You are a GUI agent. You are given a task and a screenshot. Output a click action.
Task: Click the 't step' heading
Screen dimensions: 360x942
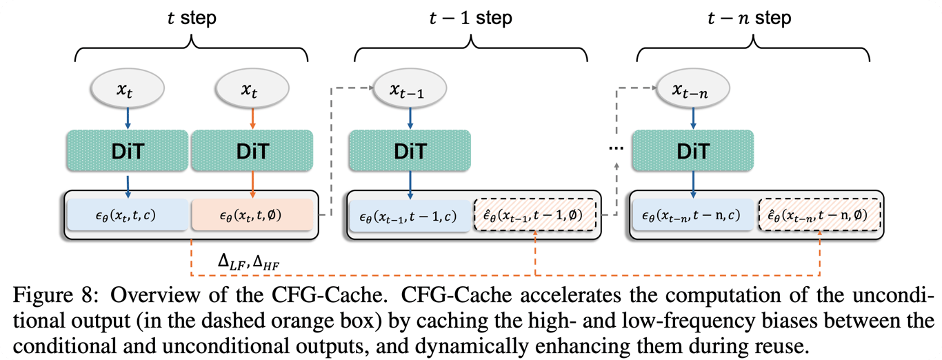coord(192,17)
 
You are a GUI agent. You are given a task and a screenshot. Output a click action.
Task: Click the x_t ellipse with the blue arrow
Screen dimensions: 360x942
coord(128,88)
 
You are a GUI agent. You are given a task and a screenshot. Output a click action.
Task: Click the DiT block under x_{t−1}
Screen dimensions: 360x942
coord(410,150)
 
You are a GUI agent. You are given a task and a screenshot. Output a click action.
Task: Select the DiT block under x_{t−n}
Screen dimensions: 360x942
coord(693,150)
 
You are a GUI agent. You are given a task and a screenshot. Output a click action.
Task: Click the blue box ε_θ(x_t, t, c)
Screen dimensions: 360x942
coord(128,215)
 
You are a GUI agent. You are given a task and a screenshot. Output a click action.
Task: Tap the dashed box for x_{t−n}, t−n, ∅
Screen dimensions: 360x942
coord(819,215)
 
